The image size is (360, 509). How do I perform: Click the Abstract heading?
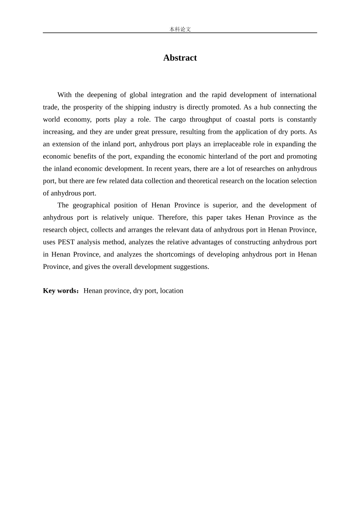[x=180, y=58]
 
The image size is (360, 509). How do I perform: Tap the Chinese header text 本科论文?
[x=180, y=29]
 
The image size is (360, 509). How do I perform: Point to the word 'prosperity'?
[x=89, y=107]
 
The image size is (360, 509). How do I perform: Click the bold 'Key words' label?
[x=60, y=290]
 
